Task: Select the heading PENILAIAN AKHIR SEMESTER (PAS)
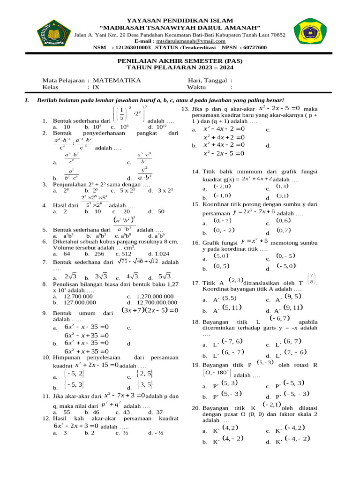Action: (x=180, y=61)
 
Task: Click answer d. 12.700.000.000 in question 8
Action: (x=154, y=302)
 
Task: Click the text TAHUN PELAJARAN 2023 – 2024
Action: (x=180, y=67)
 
